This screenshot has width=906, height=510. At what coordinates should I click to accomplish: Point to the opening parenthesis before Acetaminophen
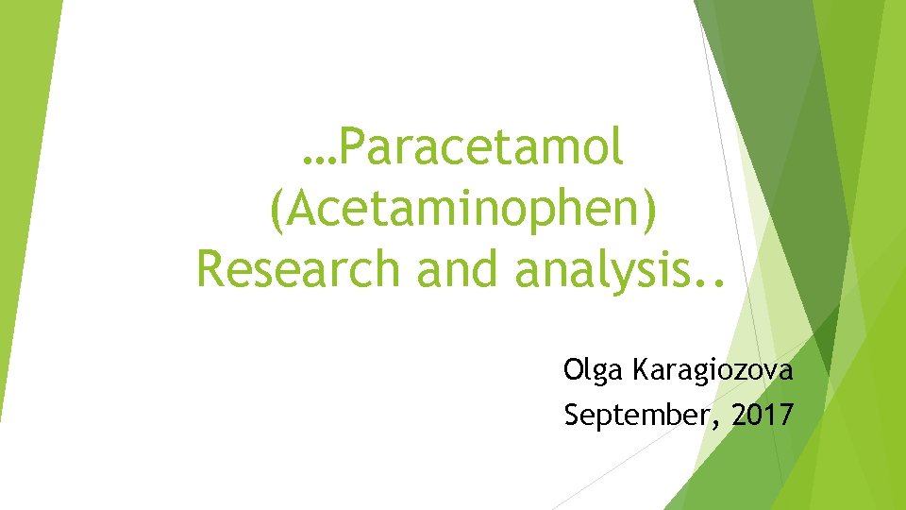[276, 210]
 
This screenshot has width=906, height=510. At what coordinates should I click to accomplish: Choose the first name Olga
[589, 371]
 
